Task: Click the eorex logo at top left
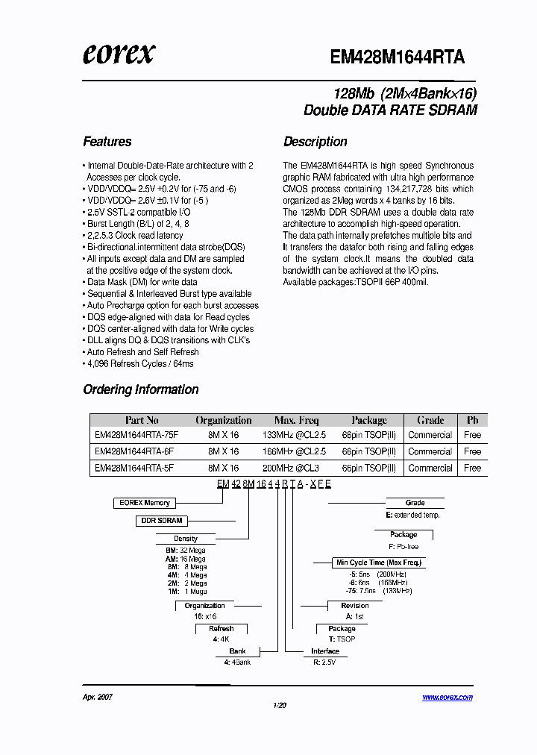click(x=119, y=54)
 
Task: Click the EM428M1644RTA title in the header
click(x=398, y=57)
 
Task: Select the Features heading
click(x=107, y=142)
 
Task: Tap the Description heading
click(x=315, y=142)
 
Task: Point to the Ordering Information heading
click(x=141, y=389)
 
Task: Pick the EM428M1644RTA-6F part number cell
click(x=134, y=451)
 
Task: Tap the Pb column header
click(x=472, y=420)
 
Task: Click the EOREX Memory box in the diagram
click(x=145, y=503)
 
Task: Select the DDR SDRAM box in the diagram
click(x=161, y=521)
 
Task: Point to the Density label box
click(x=186, y=538)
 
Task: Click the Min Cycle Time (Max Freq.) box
click(x=379, y=563)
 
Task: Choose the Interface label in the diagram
click(x=325, y=651)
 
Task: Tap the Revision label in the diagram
click(x=355, y=606)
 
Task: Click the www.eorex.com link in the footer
click(x=447, y=698)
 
